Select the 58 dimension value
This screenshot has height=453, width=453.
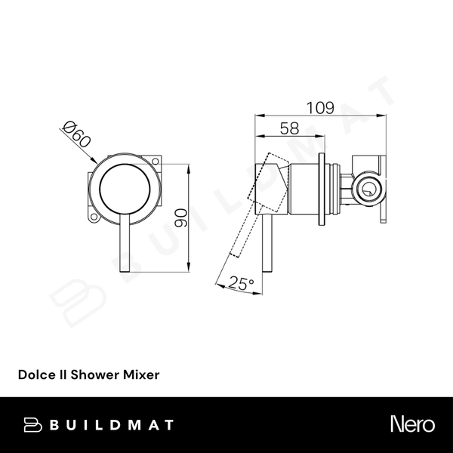(289, 128)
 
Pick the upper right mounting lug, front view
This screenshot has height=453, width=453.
(156, 162)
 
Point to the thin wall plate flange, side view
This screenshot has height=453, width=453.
(325, 190)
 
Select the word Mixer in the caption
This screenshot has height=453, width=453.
(140, 374)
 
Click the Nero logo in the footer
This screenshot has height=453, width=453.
(411, 424)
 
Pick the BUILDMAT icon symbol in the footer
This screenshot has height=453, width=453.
(32, 424)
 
